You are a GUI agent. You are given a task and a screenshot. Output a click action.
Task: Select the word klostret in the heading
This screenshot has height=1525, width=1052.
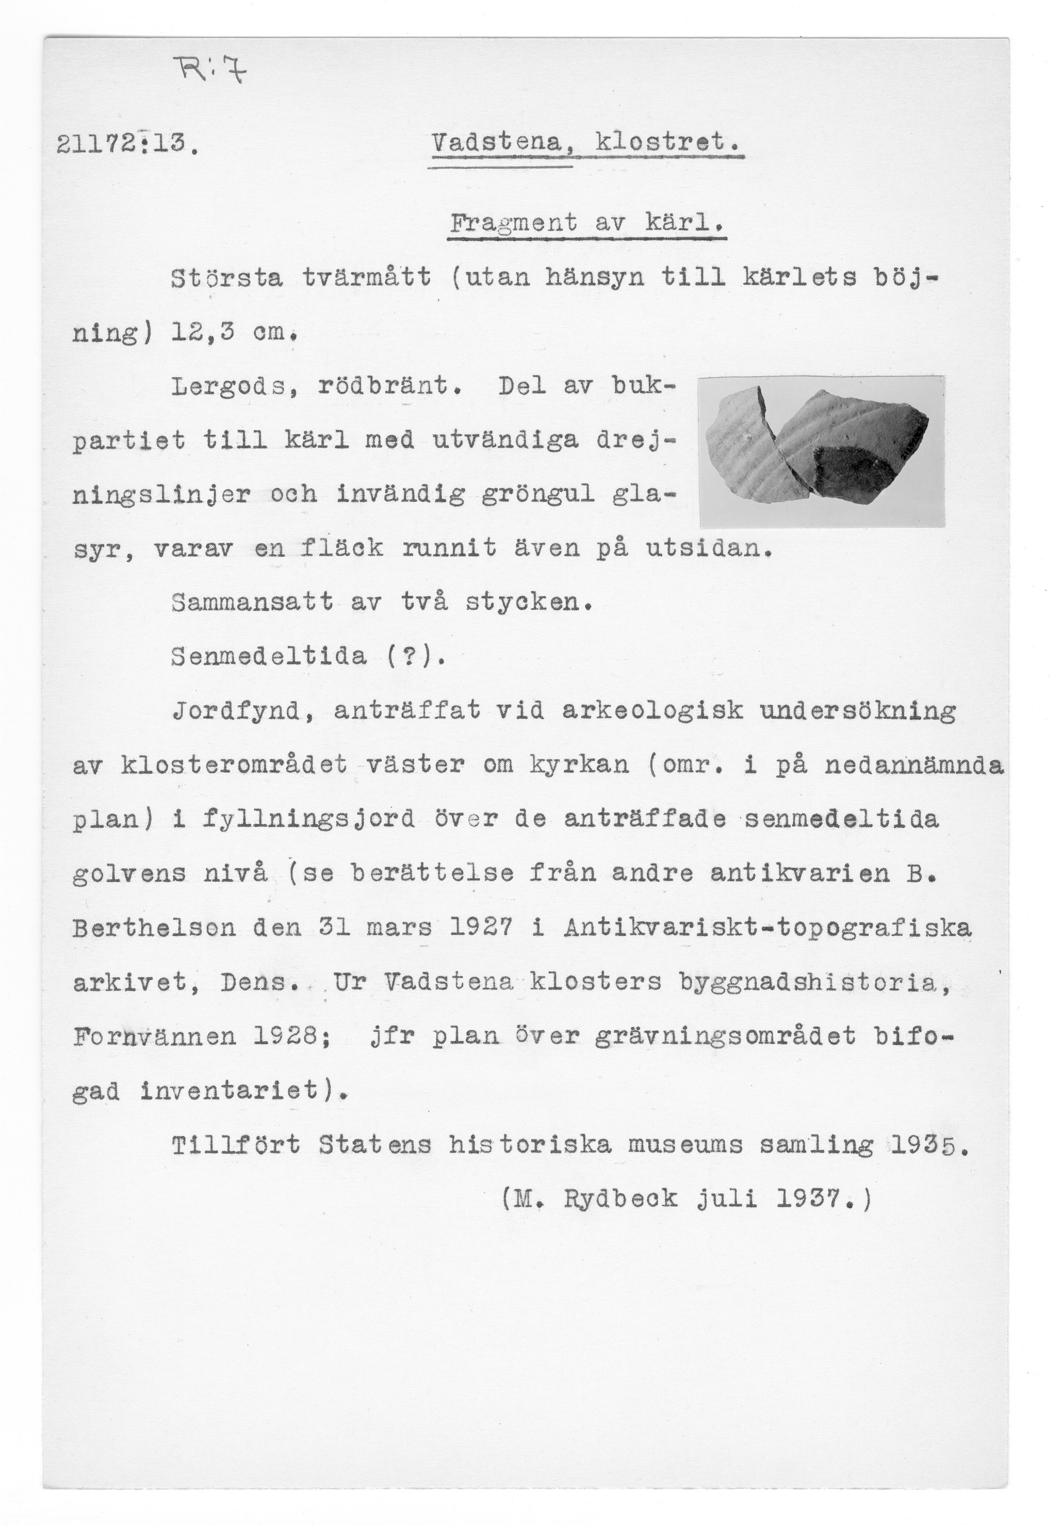(667, 142)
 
